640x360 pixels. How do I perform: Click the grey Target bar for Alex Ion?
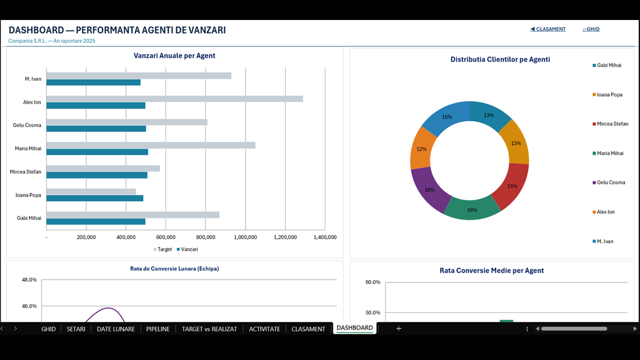tap(174, 99)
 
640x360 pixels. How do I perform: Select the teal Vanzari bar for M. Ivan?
tap(93, 82)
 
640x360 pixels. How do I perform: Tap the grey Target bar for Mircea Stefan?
tap(103, 168)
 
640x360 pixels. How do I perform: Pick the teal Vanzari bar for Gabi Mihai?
tap(95, 221)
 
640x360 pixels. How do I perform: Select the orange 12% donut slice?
tap(421, 148)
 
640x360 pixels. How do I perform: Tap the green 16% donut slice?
tap(472, 210)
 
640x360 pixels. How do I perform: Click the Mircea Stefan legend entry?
tap(610, 123)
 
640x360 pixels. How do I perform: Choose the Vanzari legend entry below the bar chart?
tap(187, 249)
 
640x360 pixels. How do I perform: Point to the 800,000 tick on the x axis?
tap(205, 237)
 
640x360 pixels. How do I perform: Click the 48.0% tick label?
tap(29, 279)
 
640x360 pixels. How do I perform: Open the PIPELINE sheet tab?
tap(158, 329)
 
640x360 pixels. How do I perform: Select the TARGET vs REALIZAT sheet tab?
tap(209, 329)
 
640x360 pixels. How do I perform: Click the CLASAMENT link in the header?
tap(547, 29)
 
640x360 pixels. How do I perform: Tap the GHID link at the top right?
tap(591, 29)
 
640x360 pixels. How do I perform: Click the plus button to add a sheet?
tap(398, 328)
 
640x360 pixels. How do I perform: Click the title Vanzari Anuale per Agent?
tap(174, 55)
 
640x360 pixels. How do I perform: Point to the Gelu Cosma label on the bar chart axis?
tap(27, 125)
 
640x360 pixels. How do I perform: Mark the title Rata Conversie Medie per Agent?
tap(491, 270)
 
